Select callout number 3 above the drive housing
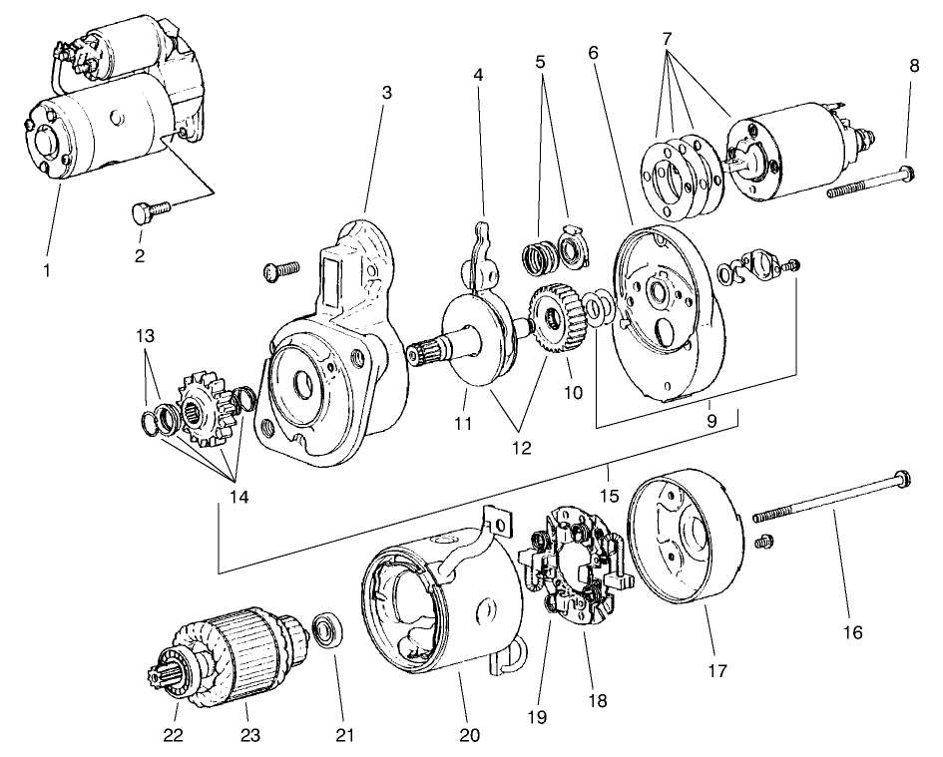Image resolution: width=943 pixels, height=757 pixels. point(386,92)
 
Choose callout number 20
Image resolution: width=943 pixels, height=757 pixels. point(470,736)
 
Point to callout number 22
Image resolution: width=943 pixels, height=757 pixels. point(176,736)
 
